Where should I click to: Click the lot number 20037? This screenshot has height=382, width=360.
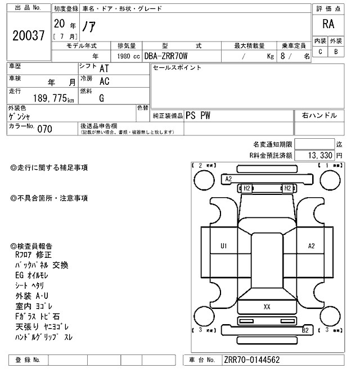click(28, 35)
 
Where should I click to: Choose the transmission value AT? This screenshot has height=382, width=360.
click(104, 69)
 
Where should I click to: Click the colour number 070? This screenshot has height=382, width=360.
click(44, 129)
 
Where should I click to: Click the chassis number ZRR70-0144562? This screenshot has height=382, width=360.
click(251, 360)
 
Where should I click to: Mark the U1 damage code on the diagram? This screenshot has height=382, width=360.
click(223, 245)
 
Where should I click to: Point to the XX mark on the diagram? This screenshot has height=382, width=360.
click(267, 307)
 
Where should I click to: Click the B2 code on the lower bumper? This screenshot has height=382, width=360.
click(305, 330)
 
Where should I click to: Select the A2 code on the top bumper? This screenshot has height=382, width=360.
click(229, 179)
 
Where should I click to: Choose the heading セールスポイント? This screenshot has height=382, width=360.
click(177, 68)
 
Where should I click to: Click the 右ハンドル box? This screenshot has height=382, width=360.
click(319, 116)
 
